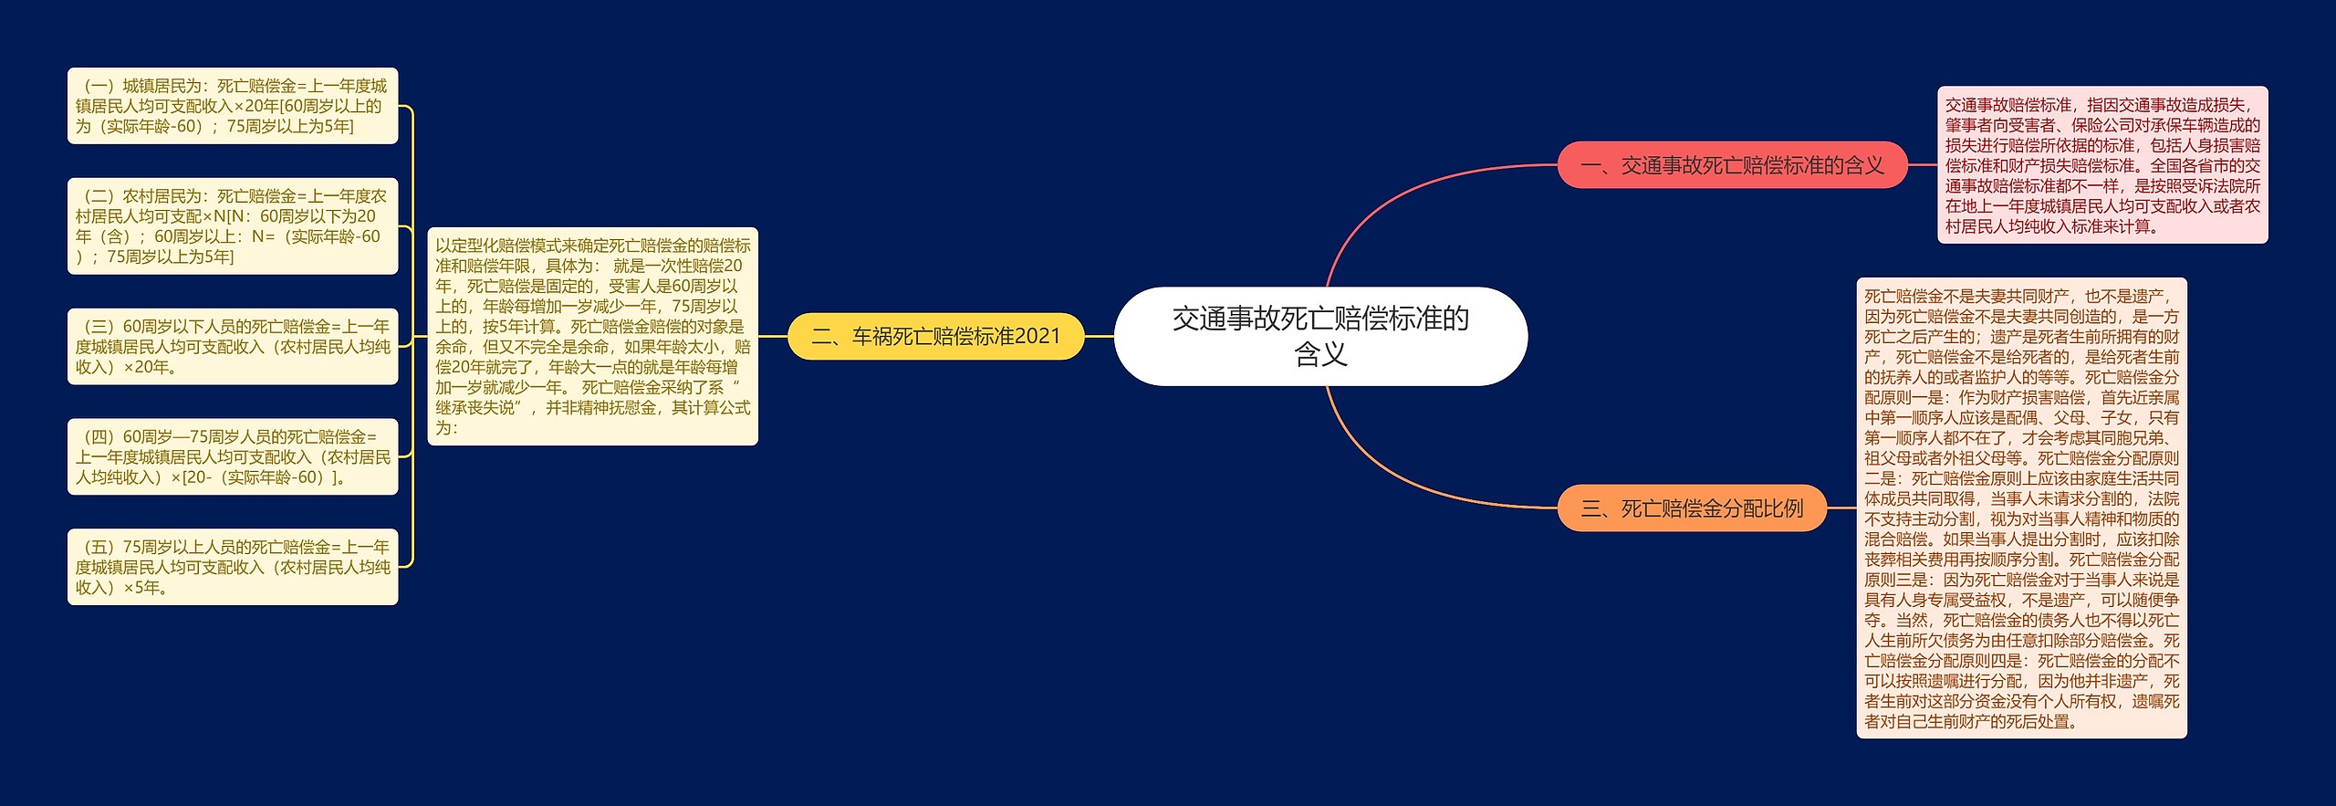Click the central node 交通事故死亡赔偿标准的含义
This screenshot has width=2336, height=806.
click(1319, 335)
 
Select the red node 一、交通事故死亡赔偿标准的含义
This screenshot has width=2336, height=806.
click(1731, 165)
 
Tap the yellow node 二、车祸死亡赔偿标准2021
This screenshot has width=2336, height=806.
click(935, 336)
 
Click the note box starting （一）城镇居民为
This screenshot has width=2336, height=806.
click(233, 106)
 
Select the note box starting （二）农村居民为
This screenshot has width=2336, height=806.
click(233, 225)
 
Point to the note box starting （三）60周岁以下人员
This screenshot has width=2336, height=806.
click(233, 346)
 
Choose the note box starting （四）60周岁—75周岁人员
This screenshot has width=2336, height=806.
click(233, 456)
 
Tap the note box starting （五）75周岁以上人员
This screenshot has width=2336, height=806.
click(233, 567)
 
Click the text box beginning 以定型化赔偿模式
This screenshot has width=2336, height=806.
click(592, 336)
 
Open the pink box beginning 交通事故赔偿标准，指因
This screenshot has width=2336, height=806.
click(2101, 165)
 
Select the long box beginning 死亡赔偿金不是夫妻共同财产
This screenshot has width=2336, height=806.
click(2021, 508)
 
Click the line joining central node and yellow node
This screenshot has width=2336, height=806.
click(1099, 336)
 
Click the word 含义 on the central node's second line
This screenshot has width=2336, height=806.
click(1320, 354)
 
